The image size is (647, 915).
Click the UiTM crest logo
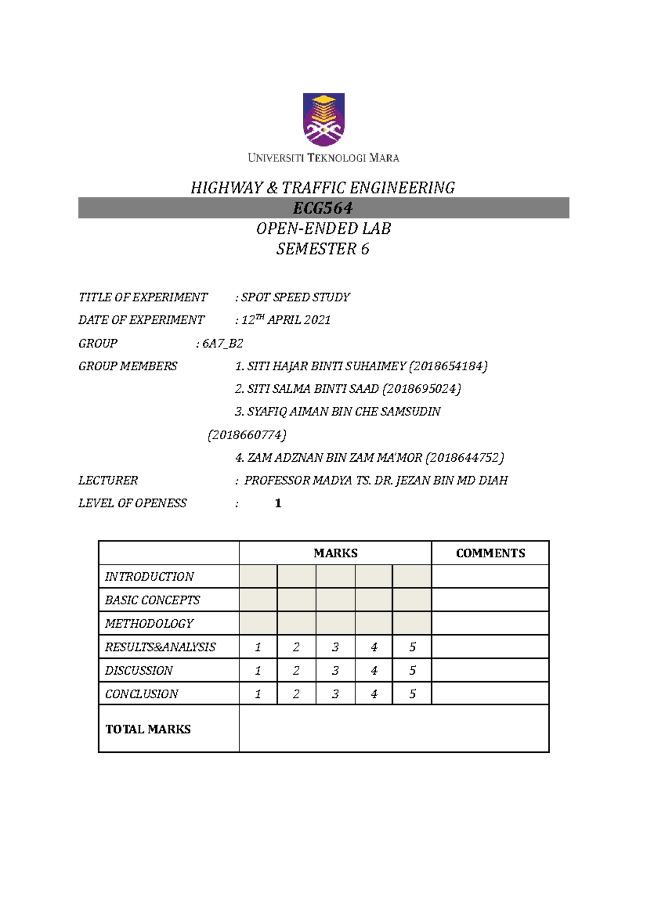pos(323,120)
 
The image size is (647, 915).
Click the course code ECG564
pos(323,208)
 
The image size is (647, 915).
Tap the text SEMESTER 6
pos(323,249)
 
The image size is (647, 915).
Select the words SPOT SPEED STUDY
pos(295,297)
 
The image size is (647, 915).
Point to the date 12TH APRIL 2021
pos(286,320)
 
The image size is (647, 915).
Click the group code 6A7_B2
pos(222,343)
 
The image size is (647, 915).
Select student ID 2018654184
pos(448,366)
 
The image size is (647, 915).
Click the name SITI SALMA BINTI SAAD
pos(313,389)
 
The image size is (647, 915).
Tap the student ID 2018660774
pos(247,435)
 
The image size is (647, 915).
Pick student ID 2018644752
pos(465,458)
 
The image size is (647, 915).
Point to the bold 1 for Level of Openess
pos(278,503)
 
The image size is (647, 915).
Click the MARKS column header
pos(335,553)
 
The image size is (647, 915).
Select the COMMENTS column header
pos(490,553)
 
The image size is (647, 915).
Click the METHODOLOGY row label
pos(149,623)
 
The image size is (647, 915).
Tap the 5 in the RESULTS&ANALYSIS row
pos(412,647)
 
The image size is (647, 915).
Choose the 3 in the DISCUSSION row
pos(335,670)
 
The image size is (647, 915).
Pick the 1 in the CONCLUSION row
pos(258,694)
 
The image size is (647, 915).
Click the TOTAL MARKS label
pos(148,729)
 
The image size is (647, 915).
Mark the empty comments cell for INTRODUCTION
pos(490,577)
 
